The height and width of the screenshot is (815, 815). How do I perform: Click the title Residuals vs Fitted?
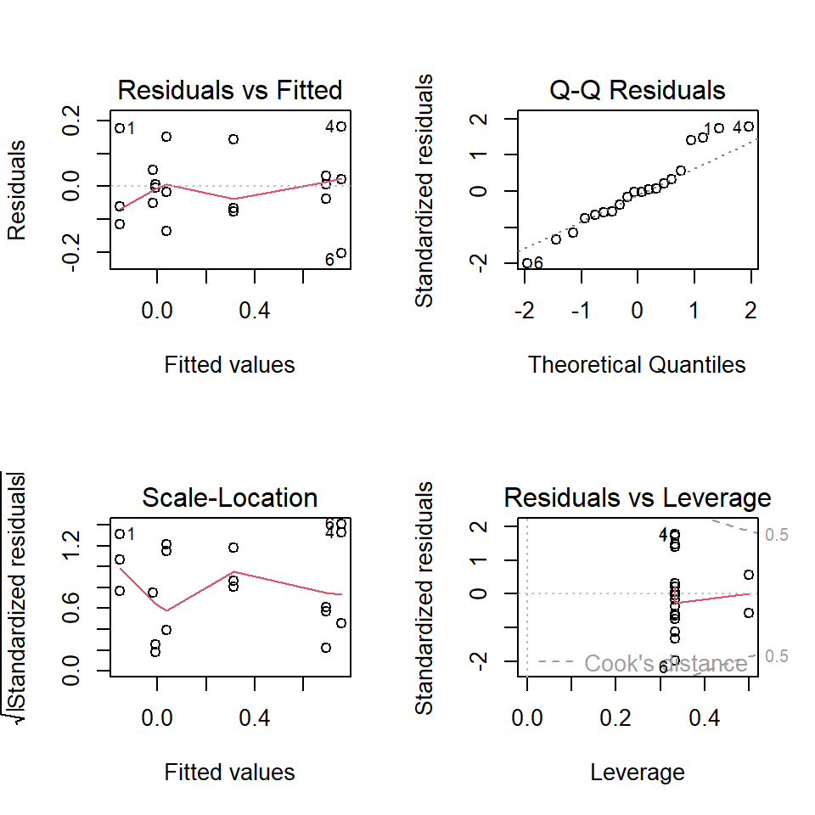pos(229,90)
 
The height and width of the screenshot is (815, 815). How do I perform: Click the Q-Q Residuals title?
pos(638,90)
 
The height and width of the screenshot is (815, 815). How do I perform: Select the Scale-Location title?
pos(229,497)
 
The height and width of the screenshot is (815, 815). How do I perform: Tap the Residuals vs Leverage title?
pos(638,497)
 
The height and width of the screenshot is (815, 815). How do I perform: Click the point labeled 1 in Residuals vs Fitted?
pos(120,128)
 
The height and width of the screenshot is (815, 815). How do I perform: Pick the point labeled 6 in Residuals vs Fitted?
pos(341,253)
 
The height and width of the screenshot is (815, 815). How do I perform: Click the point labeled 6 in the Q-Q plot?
pos(526,263)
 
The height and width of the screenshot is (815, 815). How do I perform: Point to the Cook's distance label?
pos(666,663)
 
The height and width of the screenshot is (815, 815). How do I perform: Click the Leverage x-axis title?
pos(637,772)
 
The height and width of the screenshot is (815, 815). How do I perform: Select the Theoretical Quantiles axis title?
pos(637,364)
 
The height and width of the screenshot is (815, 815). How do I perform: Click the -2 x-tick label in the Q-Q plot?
pos(525,312)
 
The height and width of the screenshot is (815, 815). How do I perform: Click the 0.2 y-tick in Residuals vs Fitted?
pos(76,120)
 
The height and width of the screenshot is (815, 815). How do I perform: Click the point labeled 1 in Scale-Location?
pos(120,534)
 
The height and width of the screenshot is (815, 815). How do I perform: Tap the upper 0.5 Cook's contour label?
pos(777,535)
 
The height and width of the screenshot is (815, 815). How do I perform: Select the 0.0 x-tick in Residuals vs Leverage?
pos(527,719)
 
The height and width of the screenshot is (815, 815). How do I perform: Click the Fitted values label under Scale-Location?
pos(229,772)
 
